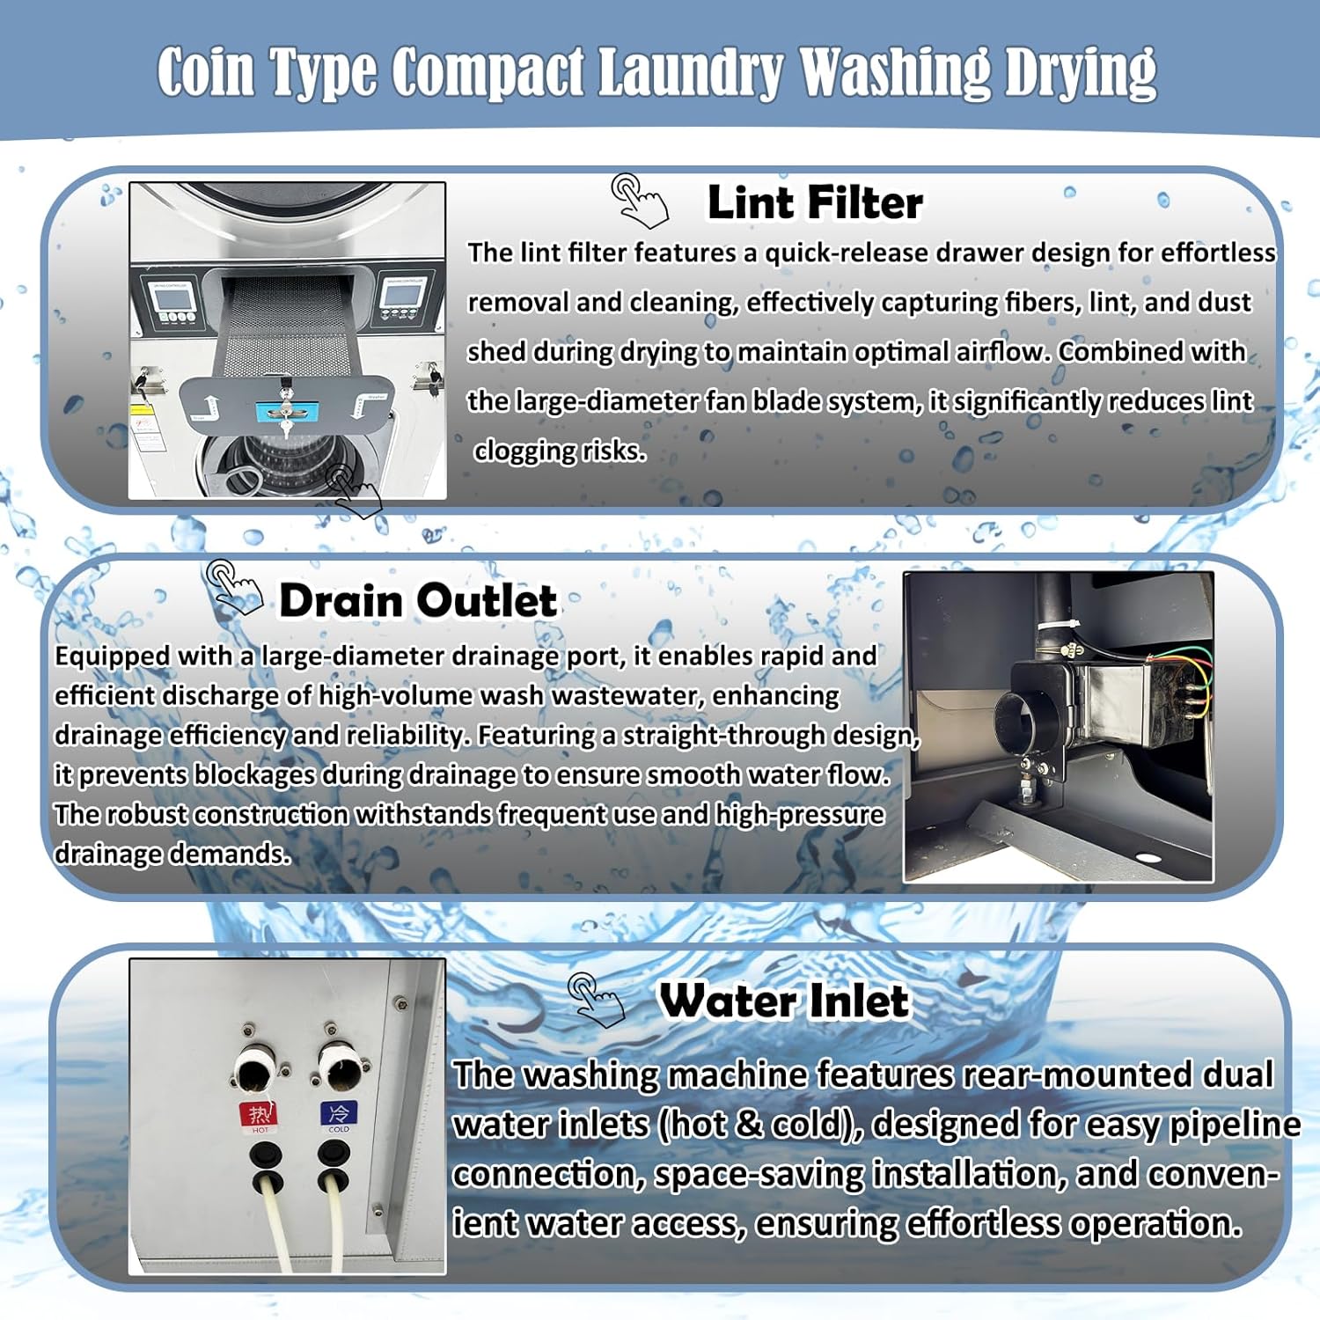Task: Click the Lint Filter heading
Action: click(815, 203)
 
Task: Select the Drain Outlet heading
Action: click(418, 601)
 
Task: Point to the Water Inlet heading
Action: click(784, 1001)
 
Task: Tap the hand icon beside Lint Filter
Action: click(640, 200)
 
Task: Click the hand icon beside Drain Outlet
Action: click(233, 587)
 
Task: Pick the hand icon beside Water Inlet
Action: click(596, 1000)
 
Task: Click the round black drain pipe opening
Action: click(1025, 722)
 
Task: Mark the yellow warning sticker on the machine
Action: click(142, 410)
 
